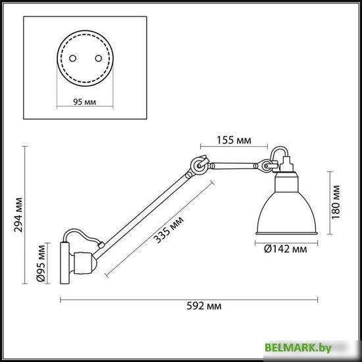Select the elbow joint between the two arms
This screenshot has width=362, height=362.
(x=198, y=167)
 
